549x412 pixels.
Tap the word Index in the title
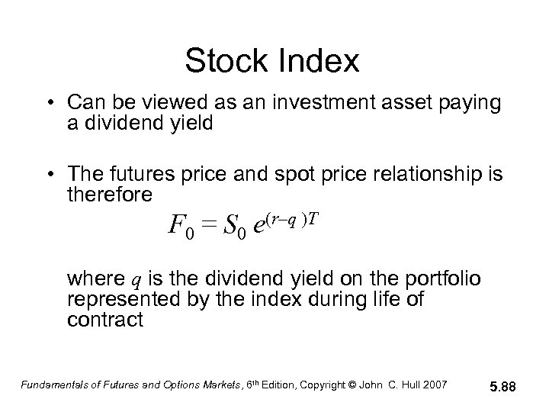321,62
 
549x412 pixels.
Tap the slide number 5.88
504,388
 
